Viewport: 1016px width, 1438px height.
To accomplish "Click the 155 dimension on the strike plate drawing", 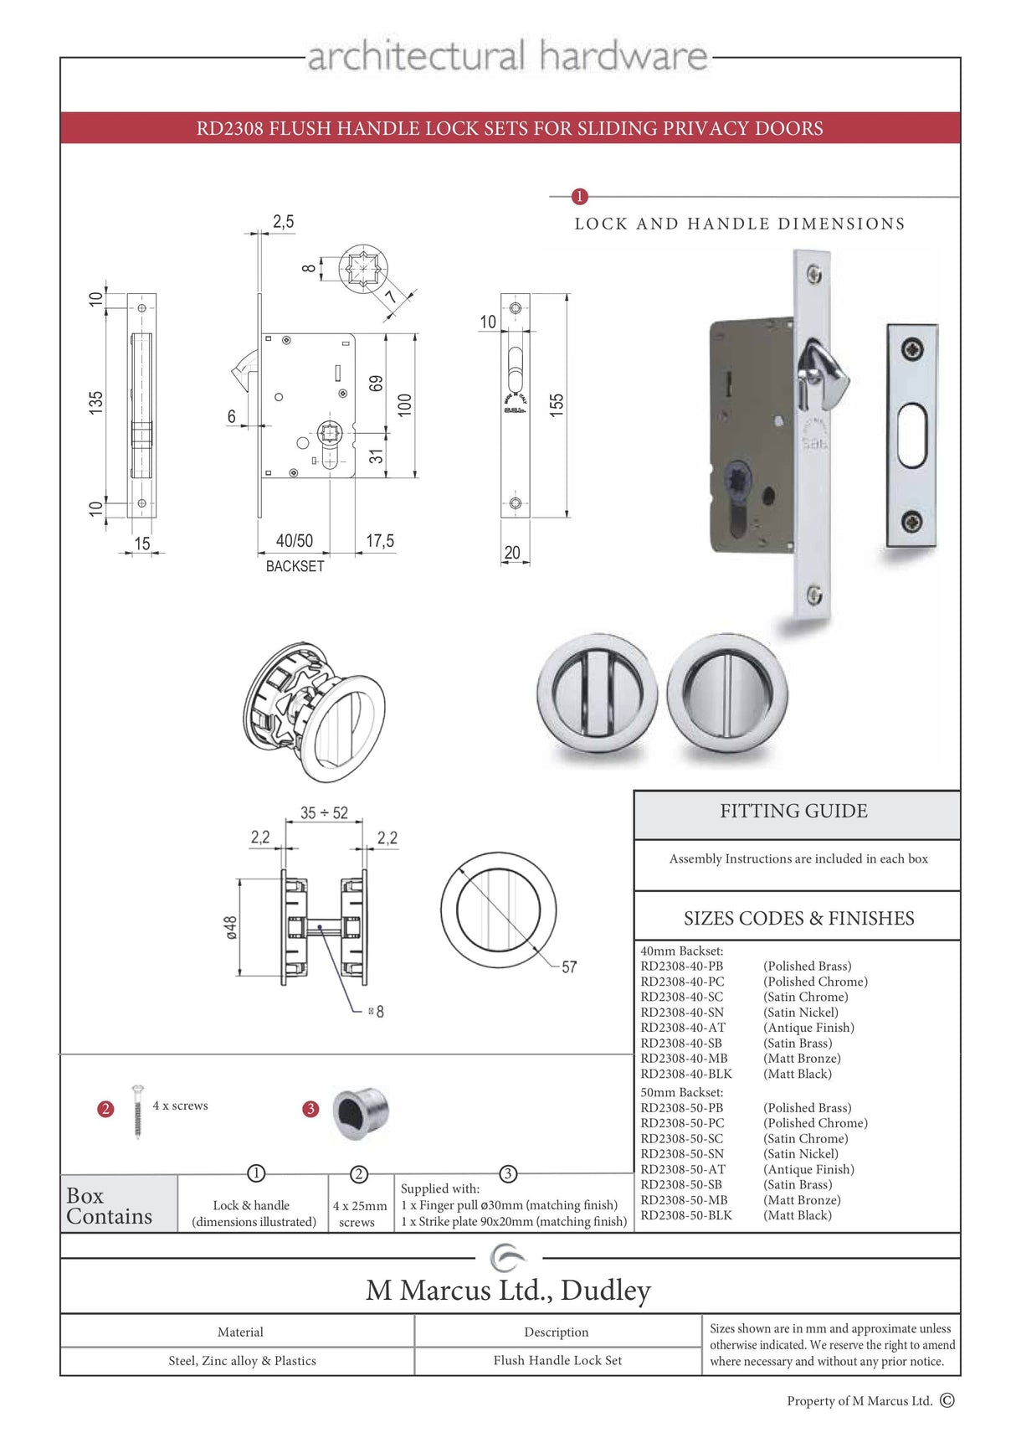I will click(x=557, y=405).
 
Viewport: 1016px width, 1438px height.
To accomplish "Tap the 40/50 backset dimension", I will click(x=294, y=541).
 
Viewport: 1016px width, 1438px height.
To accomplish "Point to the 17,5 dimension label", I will click(x=379, y=541).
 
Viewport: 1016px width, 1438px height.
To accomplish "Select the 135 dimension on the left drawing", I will click(x=96, y=402).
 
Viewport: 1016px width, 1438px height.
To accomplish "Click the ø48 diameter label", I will click(x=231, y=927).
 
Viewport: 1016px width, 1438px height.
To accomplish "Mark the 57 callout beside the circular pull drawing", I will click(x=569, y=967).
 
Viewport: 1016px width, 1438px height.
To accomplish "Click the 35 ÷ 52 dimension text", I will click(x=324, y=812).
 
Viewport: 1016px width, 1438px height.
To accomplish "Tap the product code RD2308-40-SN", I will click(x=682, y=1012).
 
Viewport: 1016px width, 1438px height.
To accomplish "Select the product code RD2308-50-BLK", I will click(x=686, y=1215).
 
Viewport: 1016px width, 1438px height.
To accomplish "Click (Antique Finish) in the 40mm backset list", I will click(x=808, y=1028).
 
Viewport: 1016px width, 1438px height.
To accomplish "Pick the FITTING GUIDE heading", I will click(x=793, y=811).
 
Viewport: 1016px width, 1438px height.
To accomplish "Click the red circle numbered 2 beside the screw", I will click(x=105, y=1109).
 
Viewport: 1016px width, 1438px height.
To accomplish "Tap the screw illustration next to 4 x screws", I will click(x=137, y=1111).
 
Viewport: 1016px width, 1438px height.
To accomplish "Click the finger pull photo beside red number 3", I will click(x=361, y=1113).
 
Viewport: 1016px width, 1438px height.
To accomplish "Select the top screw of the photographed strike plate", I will click(x=911, y=349).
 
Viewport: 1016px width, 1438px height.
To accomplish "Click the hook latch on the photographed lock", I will click(x=820, y=369).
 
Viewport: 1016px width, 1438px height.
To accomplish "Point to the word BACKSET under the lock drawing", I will click(x=295, y=566).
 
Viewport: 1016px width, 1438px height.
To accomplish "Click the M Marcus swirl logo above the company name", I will click(x=507, y=1258).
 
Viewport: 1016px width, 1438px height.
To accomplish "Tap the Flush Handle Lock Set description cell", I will click(x=557, y=1360).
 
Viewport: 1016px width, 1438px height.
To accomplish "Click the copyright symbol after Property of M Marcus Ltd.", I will click(x=947, y=1400).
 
